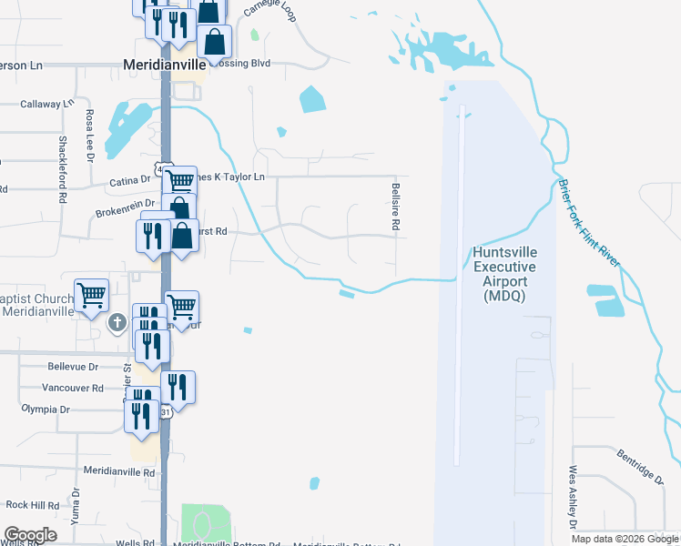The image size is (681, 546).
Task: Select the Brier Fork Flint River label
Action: coord(586,222)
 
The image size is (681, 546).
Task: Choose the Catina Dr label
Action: coord(130,180)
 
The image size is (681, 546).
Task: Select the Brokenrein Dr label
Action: coord(127,212)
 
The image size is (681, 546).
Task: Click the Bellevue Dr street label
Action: coord(72,367)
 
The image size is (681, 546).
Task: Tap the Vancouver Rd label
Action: coord(73,388)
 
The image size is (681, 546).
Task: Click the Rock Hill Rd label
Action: coord(32,504)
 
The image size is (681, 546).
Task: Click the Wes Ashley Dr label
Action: coord(573,499)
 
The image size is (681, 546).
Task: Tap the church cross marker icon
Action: coord(117,322)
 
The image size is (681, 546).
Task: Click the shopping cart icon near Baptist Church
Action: coord(91,296)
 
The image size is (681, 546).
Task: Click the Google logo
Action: coord(30,535)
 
